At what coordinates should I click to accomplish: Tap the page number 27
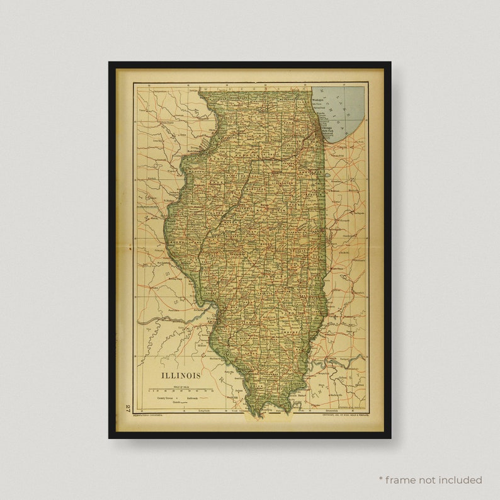click(x=128, y=408)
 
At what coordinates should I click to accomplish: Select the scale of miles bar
click(x=182, y=390)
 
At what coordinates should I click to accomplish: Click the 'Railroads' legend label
click(x=192, y=398)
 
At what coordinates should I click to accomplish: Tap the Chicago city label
click(x=327, y=128)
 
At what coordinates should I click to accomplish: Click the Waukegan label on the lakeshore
click(x=319, y=101)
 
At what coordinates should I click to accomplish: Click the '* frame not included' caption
click(x=430, y=480)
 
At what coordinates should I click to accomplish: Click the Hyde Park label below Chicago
click(x=328, y=134)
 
